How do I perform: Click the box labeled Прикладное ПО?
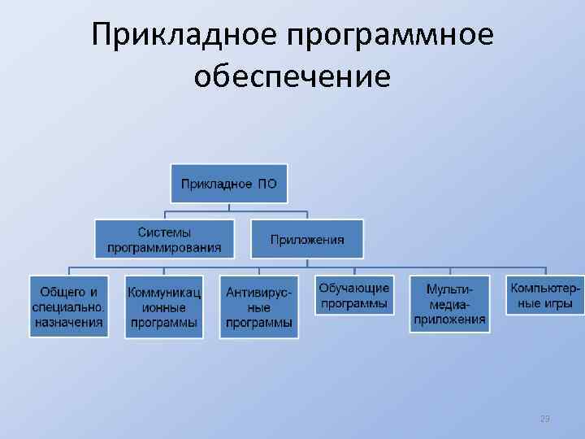click(x=228, y=184)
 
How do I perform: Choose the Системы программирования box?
click(x=163, y=239)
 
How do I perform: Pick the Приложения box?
click(x=307, y=239)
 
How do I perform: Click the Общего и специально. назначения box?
click(x=69, y=306)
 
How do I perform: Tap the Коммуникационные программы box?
click(x=163, y=306)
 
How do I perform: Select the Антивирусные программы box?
click(x=259, y=306)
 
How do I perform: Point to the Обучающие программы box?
click(x=353, y=296)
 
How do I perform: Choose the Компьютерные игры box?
click(x=545, y=296)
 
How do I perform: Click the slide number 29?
click(x=544, y=419)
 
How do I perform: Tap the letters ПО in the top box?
click(x=267, y=184)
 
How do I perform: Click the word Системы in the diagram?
click(x=163, y=232)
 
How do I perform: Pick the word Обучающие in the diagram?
click(x=353, y=288)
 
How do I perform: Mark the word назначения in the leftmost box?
click(x=69, y=322)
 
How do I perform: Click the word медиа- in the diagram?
click(x=449, y=305)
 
